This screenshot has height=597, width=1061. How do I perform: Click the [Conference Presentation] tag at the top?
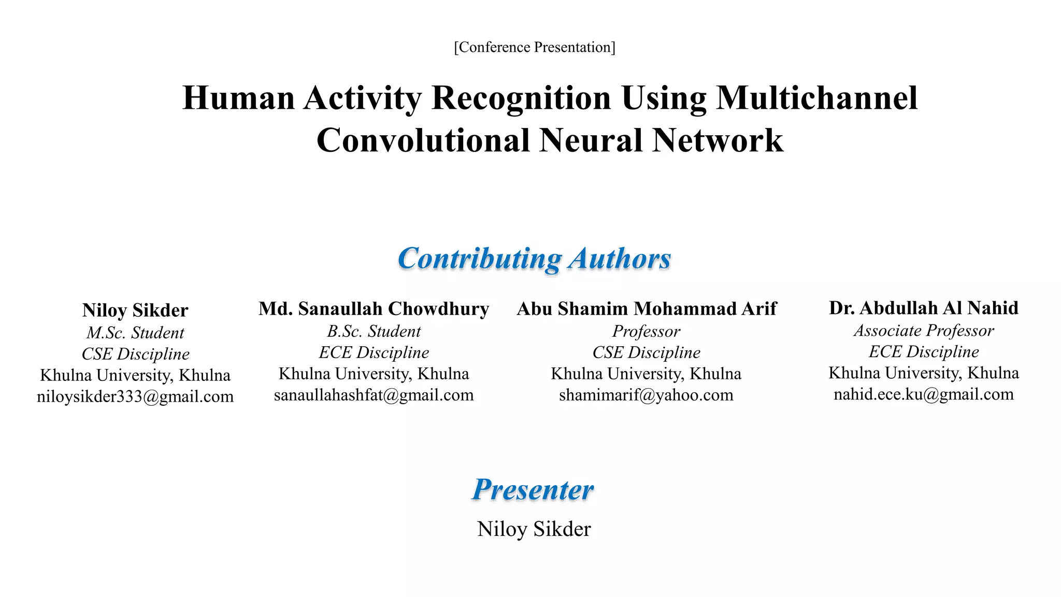534,47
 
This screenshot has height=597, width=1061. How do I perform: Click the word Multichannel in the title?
816,98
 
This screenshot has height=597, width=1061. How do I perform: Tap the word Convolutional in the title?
423,140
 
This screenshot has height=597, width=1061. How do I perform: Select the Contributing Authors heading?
534,258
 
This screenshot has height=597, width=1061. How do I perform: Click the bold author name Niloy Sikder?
135,310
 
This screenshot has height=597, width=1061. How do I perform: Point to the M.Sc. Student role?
135,332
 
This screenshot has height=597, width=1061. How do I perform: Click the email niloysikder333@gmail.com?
135,396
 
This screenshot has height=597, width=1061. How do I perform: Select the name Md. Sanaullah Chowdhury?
374,308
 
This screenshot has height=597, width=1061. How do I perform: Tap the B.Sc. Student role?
374,331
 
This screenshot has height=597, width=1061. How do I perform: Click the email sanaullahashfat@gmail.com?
374,395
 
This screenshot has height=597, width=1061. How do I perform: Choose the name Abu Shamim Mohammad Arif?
647,308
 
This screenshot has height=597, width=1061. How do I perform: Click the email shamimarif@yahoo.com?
646,395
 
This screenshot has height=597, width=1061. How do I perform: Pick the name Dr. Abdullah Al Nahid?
923,308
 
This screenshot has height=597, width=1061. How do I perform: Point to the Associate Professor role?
923,330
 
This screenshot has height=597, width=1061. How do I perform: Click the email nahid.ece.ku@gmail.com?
923,394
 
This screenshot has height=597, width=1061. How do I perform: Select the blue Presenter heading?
533,489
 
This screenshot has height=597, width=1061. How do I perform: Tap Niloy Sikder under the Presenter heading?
534,529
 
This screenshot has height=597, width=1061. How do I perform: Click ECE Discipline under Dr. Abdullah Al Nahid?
923,351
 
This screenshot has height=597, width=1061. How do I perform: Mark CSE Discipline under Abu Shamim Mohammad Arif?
646,352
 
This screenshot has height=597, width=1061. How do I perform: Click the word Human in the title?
238,98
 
